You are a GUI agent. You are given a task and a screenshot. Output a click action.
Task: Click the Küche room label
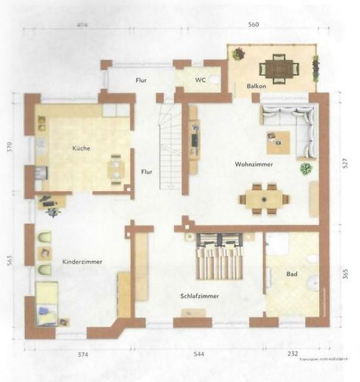(x=81, y=148)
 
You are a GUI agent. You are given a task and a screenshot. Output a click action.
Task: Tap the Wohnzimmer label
(x=254, y=164)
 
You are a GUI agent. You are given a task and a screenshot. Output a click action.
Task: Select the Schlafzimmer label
(x=200, y=296)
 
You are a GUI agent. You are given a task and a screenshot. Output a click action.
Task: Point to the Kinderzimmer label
(x=82, y=262)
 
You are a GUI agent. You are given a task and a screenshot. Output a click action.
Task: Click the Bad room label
(x=292, y=275)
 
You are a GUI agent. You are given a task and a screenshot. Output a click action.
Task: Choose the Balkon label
(x=256, y=87)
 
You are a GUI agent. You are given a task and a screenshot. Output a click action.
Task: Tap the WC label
(x=200, y=79)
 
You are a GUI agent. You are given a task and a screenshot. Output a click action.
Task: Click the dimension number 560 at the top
(x=253, y=24)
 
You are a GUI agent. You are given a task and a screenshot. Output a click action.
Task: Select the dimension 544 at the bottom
(x=199, y=355)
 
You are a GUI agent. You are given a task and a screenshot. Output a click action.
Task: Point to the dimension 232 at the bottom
(x=293, y=355)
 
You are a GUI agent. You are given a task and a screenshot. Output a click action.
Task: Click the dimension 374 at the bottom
(x=83, y=355)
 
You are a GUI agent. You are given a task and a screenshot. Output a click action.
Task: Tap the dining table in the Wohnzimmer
(x=263, y=198)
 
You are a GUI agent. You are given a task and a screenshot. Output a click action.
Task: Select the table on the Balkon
(x=278, y=68)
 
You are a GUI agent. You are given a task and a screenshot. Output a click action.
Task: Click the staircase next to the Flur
(x=170, y=147)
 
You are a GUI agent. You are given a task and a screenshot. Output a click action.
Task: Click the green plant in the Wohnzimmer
(x=306, y=168)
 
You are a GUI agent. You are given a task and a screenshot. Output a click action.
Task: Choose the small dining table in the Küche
(x=116, y=169)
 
